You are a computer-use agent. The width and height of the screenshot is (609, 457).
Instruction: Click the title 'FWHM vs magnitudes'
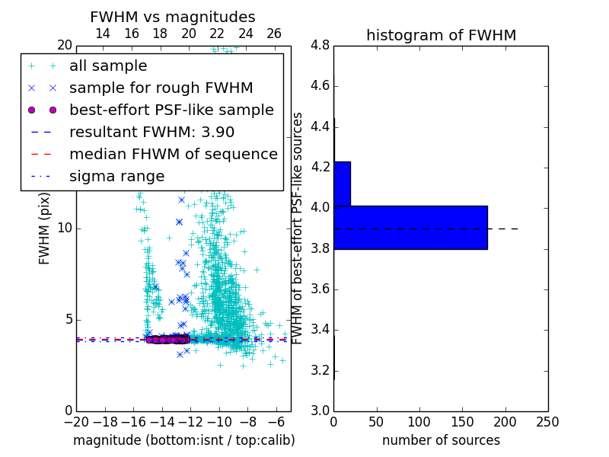173,17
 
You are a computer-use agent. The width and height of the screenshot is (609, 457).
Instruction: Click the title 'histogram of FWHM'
441,35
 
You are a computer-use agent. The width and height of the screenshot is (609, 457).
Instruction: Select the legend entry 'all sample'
108,66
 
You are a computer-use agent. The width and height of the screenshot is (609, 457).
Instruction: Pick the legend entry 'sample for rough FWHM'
161,88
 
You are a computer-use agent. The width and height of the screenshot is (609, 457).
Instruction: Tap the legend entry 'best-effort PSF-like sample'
171,110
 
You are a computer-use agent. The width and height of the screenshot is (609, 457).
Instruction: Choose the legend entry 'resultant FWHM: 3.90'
151,132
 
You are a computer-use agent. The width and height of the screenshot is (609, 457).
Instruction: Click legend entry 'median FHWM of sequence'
173,154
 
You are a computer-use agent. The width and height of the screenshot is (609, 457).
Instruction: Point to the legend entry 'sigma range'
116,176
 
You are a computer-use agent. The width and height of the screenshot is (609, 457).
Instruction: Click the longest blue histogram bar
410,227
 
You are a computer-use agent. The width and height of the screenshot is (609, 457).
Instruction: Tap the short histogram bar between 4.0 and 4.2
342,184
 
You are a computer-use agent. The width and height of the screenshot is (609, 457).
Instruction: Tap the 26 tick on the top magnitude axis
274,34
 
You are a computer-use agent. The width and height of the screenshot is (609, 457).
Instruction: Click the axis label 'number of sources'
441,440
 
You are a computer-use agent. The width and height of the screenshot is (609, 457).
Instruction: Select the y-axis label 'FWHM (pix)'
45,228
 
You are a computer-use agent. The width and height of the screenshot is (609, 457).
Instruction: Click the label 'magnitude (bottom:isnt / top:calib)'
183,440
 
